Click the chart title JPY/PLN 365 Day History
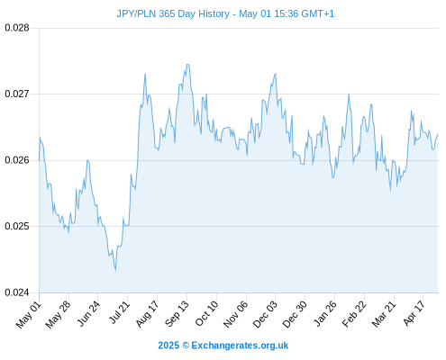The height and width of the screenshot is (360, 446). coord(173,13)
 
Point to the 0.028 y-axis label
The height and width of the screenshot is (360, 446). coord(17,28)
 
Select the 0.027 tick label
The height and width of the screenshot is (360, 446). coord(17,94)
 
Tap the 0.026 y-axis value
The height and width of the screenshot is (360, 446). coord(17,160)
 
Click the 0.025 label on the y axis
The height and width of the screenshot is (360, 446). coord(17,226)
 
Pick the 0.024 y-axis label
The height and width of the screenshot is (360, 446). coord(17,292)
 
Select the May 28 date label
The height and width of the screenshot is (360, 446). coord(58,314)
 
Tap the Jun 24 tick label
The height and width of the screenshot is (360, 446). coord(88,313)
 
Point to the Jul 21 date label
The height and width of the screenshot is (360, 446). coord(119,312)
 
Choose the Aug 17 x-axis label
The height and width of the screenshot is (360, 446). coord(147,314)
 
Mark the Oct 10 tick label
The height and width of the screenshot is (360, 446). coord(206,313)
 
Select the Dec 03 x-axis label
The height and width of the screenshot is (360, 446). coord(265,314)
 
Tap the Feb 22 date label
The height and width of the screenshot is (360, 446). coord(354,314)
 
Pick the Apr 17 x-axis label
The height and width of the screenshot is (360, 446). coord(414,313)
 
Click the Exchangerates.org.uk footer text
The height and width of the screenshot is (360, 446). coord(240,346)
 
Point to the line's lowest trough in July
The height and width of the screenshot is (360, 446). coord(115,270)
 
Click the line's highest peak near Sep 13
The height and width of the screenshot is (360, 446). coord(187,64)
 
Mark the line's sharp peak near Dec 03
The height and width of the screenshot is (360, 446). coord(276,74)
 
